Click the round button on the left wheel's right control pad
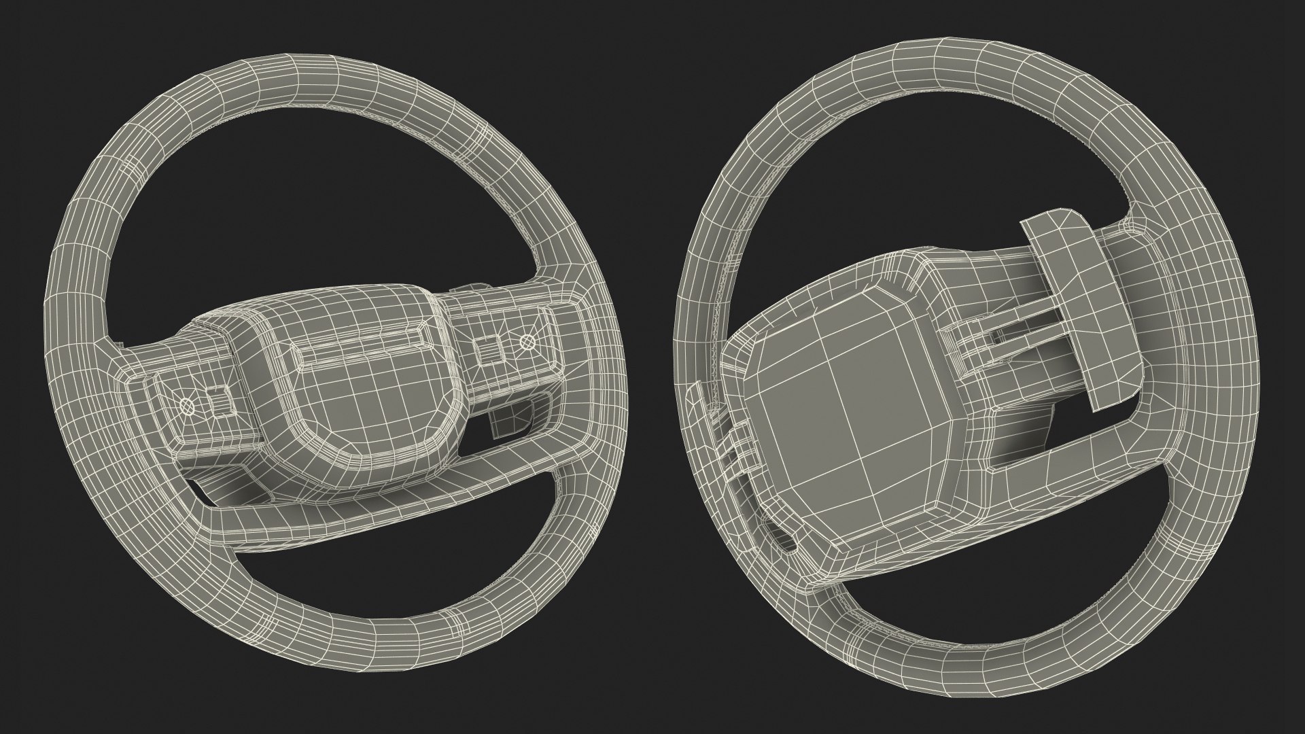pos(527,342)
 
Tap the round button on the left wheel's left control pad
pos(188,406)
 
